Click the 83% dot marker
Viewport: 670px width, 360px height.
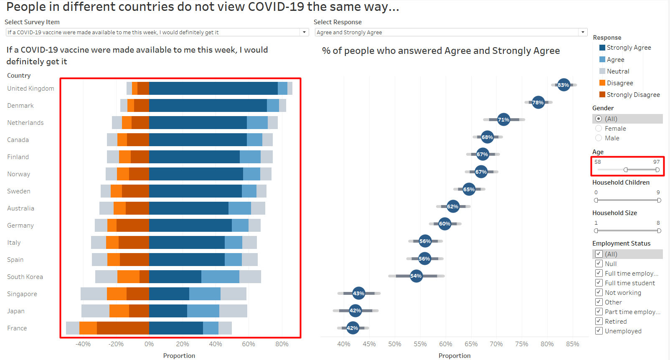[x=563, y=85]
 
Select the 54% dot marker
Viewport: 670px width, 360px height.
[x=416, y=276]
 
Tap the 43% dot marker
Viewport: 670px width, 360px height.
[x=358, y=293]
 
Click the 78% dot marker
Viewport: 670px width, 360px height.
[x=538, y=102]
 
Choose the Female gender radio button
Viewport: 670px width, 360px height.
[x=599, y=129]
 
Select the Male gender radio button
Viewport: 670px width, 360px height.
[x=599, y=138]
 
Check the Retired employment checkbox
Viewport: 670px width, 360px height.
[x=599, y=321]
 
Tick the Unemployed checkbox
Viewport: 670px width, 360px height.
[x=599, y=331]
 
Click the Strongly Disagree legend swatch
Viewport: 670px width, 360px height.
[x=602, y=94]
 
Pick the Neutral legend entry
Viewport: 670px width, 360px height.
[x=618, y=71]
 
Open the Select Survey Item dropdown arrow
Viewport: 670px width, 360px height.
[x=304, y=32]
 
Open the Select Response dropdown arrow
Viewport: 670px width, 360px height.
[x=583, y=32]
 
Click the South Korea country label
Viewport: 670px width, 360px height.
[x=25, y=277]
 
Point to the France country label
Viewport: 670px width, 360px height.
[x=17, y=328]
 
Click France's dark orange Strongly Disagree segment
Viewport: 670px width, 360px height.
[x=123, y=328]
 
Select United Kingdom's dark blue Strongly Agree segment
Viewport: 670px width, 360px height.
[x=213, y=89]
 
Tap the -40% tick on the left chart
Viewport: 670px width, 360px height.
[x=83, y=344]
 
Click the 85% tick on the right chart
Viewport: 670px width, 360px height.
[x=572, y=344]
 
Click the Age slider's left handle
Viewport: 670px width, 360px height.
[x=625, y=170]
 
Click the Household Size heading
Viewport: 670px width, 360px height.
[x=614, y=213]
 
